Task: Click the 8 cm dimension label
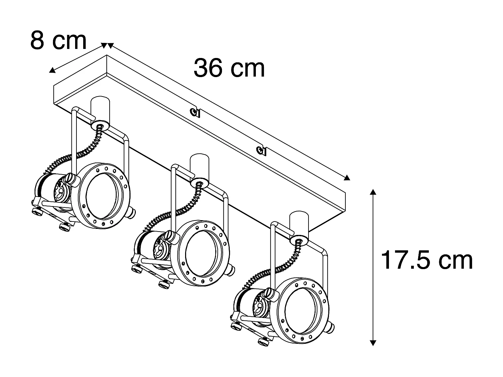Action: (58, 40)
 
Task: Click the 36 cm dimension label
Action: (229, 68)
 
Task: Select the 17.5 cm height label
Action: (427, 260)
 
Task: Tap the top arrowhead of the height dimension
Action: (373, 192)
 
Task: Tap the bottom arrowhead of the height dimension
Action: (373, 342)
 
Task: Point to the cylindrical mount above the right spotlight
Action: (299, 224)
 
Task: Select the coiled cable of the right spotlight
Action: (277, 268)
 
